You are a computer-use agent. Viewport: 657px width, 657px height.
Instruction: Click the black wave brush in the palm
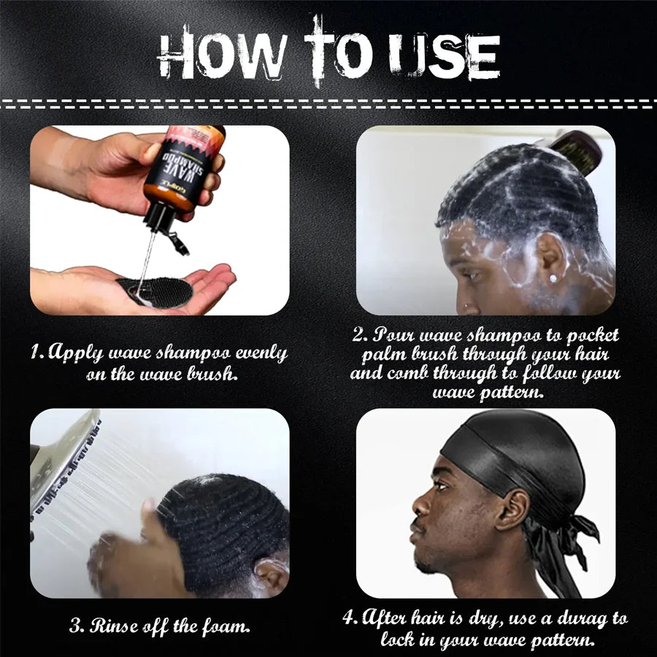[155, 291]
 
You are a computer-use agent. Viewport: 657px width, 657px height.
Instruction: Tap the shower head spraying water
[66, 460]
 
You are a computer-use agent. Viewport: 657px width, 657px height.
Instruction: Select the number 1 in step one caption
[35, 354]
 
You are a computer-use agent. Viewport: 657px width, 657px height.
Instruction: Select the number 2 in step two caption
[358, 335]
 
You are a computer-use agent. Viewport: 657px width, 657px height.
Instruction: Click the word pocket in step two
[590, 335]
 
